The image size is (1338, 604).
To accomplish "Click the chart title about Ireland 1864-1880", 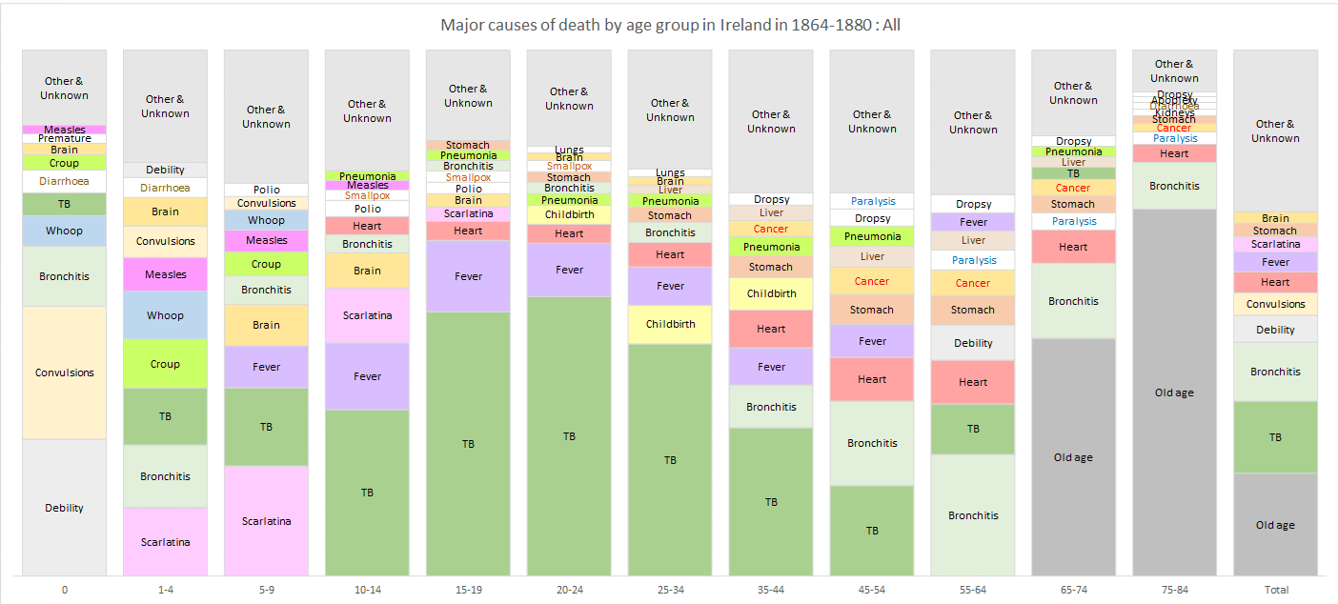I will pos(670,25).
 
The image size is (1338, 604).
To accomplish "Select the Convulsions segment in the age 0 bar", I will pos(65,372).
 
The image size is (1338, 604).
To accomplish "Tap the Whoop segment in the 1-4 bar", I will pos(165,315).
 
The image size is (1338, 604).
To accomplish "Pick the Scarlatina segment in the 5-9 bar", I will pos(266,521).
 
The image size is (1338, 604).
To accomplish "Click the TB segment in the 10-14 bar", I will pos(367,493).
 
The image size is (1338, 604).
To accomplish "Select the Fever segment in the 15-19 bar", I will pos(468,276).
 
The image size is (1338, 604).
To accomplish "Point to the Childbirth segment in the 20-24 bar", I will pos(569,214).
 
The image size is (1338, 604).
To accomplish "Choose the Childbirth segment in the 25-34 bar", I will pos(670,324).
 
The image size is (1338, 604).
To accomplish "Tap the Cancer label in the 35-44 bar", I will pos(771,229).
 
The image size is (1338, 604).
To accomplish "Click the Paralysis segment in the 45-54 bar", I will pos(872,201).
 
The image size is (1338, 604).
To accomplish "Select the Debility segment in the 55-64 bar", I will pos(973,343).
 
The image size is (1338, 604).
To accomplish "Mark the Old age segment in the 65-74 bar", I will pos(1073,457).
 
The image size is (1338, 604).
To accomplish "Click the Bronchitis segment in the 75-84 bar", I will pos(1174,186).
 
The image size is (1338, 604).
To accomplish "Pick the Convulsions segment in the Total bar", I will pos(1275,304).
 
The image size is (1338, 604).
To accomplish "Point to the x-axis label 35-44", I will pos(771,590).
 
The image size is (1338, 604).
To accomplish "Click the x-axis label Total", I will pos(1275,590).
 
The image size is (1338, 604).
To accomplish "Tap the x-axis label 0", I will pos(65,590).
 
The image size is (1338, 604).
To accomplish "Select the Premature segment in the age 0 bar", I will pos(65,139).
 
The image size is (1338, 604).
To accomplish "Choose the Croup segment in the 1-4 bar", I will pos(165,364).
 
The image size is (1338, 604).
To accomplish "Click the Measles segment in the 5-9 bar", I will pos(266,241).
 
